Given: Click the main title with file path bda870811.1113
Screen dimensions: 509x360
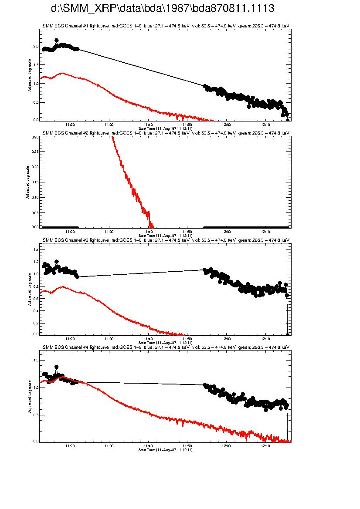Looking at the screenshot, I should [163, 8].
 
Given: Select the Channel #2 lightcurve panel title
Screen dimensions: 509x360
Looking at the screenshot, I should [166, 132].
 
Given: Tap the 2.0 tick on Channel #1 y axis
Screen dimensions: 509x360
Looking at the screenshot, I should [36, 47].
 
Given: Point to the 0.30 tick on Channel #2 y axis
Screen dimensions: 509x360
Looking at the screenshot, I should [35, 137].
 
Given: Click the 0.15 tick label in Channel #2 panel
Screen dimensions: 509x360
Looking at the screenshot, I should [35, 182].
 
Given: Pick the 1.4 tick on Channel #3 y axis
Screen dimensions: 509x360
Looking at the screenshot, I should [36, 249].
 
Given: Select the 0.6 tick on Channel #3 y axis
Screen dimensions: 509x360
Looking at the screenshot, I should [36, 298].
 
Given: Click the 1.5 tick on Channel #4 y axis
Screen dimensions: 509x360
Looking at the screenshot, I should [36, 361].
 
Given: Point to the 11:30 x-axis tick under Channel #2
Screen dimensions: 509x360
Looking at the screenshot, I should [109, 231].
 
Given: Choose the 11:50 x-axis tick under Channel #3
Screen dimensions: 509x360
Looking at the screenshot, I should [187, 338].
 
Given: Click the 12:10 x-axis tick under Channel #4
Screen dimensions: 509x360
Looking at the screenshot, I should [265, 445].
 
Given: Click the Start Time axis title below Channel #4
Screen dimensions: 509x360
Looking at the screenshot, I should [166, 450].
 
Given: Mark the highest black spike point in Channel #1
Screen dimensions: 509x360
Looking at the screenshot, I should [57, 40].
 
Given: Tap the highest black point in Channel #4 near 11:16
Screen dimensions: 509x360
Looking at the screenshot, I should [57, 367].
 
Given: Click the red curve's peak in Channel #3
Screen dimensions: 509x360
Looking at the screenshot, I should [63, 287].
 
